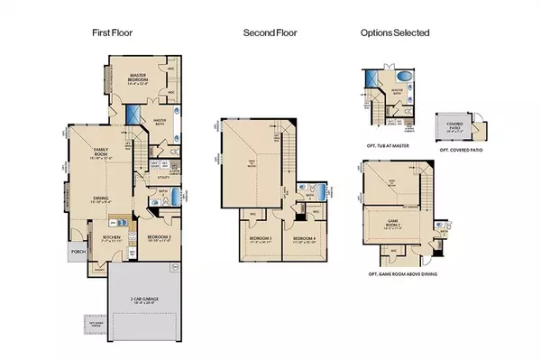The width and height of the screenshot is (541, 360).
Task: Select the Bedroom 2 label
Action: (148, 239)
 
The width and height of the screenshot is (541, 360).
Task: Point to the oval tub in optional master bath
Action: (403, 76)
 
